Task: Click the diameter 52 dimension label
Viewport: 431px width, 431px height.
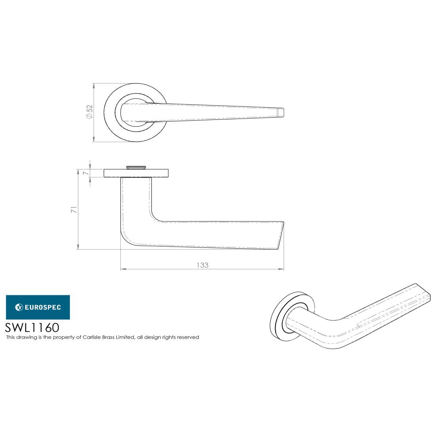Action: pos(89,112)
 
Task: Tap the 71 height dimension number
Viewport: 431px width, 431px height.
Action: pos(74,210)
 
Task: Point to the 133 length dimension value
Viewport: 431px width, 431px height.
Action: pos(202,265)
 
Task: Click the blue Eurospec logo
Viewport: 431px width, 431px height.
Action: pos(38,307)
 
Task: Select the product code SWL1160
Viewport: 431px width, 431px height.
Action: pos(32,327)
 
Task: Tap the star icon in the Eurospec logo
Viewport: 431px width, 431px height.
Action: pos(19,307)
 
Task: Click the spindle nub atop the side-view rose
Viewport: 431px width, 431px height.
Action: pos(136,166)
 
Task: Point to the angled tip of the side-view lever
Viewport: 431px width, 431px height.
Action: pos(281,236)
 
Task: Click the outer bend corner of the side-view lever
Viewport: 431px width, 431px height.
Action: pos(125,239)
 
